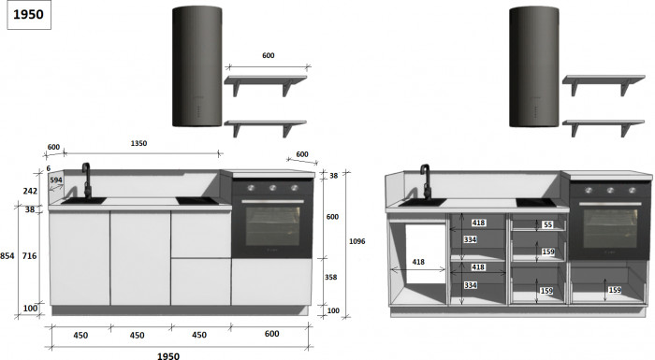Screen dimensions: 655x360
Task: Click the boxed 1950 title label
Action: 29,15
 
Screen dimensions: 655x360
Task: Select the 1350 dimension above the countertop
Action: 138,143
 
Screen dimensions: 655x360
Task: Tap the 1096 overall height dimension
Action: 357,241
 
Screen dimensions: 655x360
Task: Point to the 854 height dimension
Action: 7,255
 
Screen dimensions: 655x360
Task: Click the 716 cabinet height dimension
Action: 30,255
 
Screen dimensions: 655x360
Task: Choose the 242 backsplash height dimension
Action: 30,191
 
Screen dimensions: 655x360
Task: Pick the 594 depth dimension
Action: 56,180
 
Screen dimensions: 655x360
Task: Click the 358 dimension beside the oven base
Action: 331,277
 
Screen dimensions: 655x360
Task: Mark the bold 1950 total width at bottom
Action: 167,356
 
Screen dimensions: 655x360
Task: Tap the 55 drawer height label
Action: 547,224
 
